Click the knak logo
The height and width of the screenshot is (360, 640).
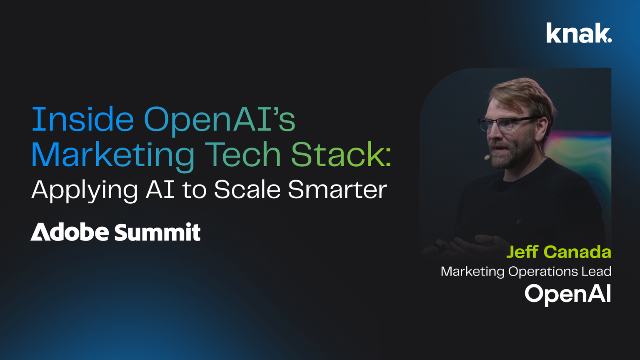(x=579, y=33)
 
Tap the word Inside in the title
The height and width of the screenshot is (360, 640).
(x=82, y=120)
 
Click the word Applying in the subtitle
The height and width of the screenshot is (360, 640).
(x=85, y=190)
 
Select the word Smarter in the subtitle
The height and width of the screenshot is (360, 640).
(x=337, y=190)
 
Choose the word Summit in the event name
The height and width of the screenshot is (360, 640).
(x=157, y=232)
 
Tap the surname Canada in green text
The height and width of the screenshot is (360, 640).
(x=577, y=252)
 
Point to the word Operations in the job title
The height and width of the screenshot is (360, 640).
(x=540, y=272)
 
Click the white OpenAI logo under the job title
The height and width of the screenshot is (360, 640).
(x=567, y=294)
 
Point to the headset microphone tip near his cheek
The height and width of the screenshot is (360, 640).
(x=486, y=157)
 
